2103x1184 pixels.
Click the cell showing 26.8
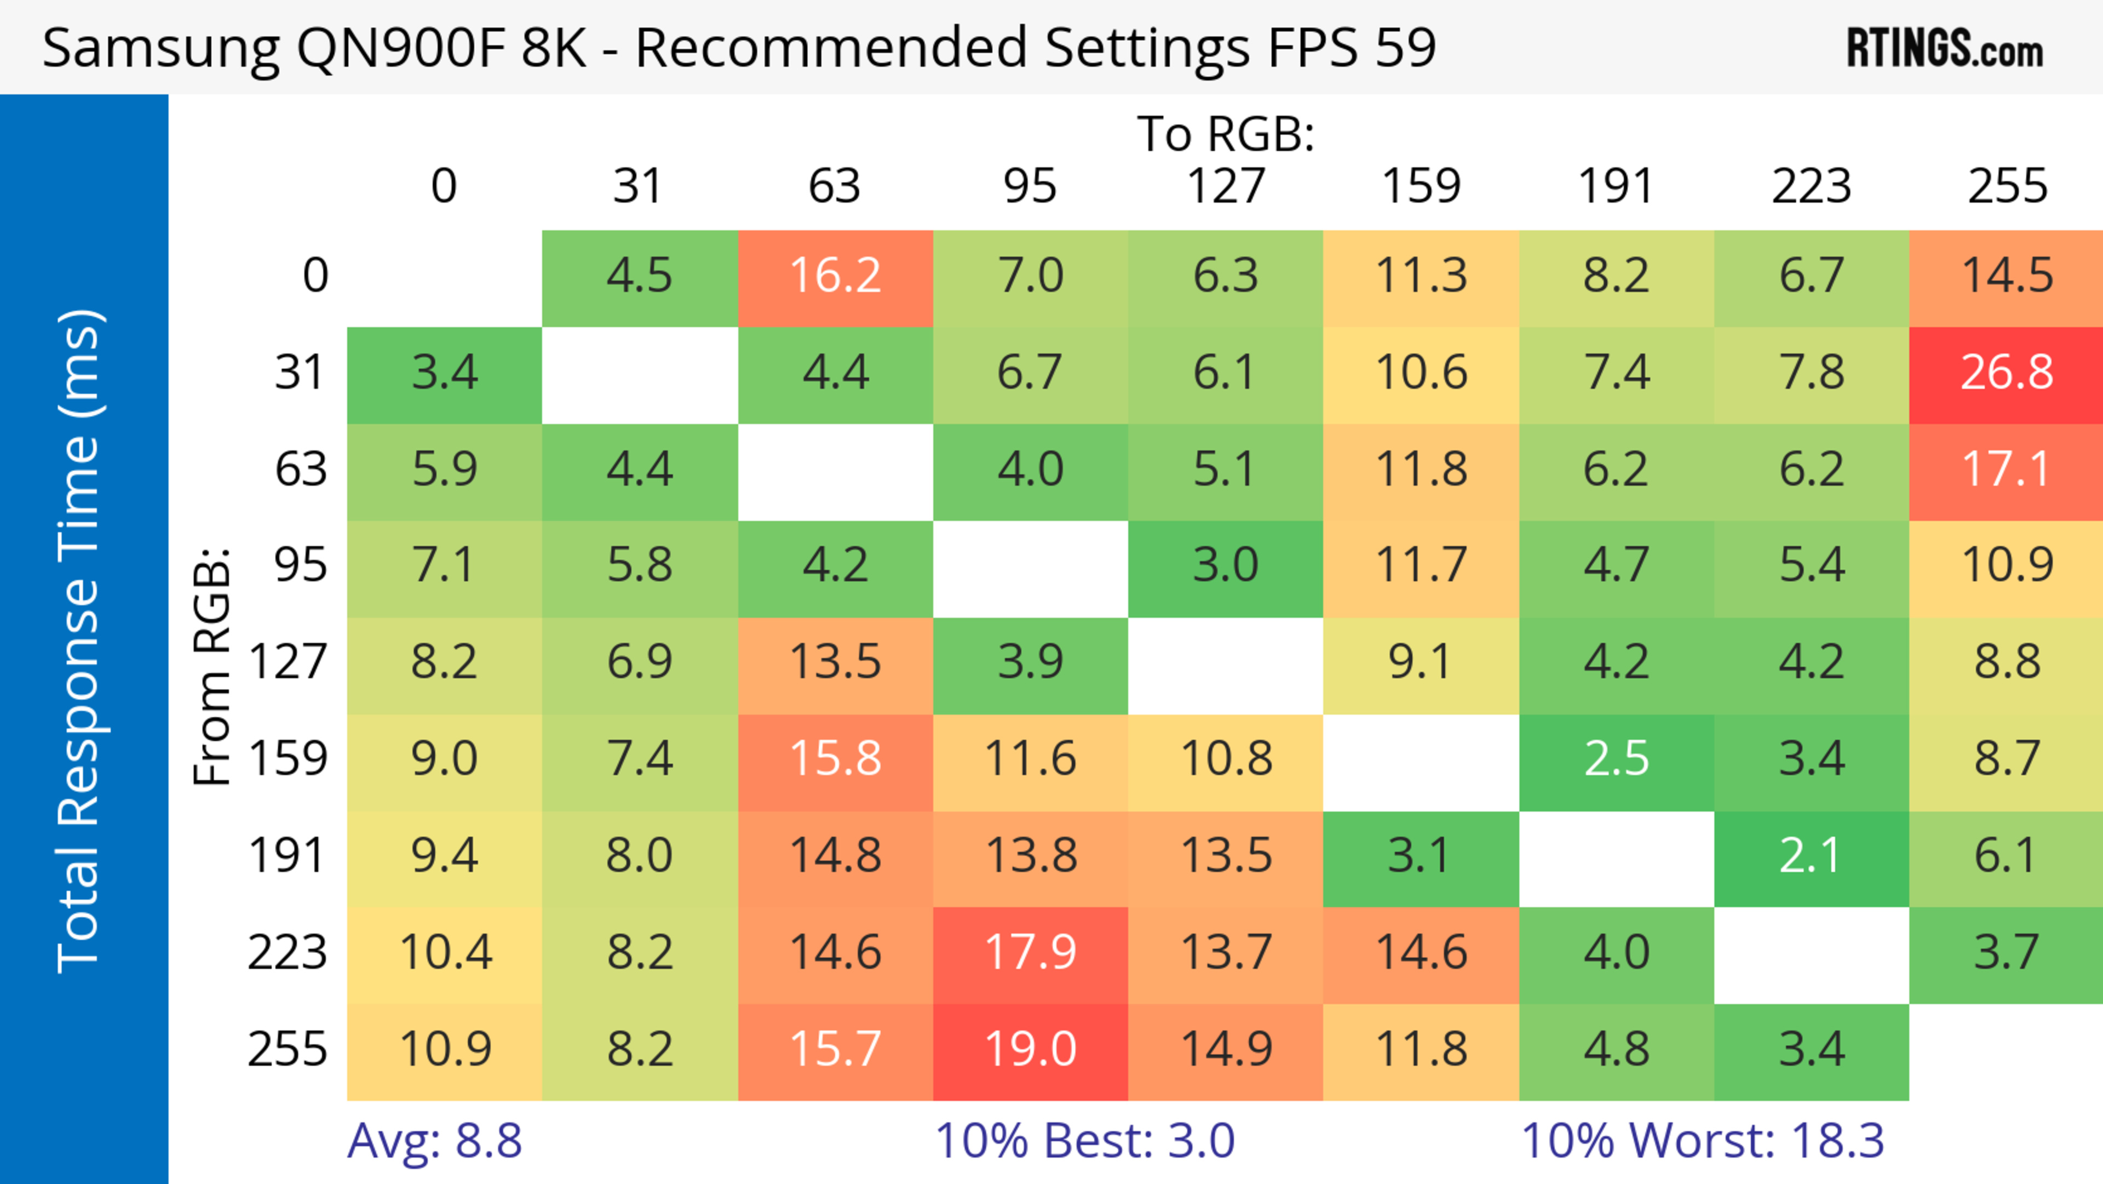pyautogui.click(x=2006, y=373)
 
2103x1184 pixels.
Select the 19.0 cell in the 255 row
pyautogui.click(x=1030, y=1049)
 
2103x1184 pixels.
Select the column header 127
pyautogui.click(x=1226, y=186)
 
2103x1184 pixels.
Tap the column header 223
pyautogui.click(x=1811, y=186)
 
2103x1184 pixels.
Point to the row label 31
pyautogui.click(x=301, y=373)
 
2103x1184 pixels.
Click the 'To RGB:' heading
pyautogui.click(x=1226, y=133)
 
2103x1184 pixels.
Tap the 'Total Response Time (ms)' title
pyautogui.click(x=80, y=641)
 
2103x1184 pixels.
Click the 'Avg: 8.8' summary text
pyautogui.click(x=434, y=1141)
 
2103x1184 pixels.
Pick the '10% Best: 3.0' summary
pyautogui.click(x=1084, y=1141)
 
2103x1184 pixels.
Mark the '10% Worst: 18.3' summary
pyautogui.click(x=1702, y=1141)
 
